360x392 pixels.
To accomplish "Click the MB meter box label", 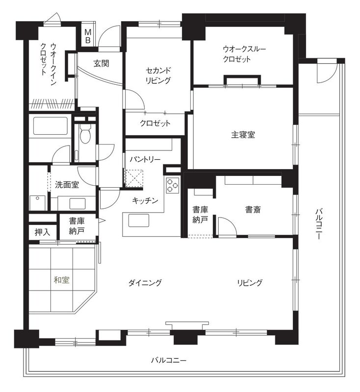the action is [88, 36].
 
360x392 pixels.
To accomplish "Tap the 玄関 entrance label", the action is [102, 64].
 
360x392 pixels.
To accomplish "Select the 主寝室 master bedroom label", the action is [243, 135].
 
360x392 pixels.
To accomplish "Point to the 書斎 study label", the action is [253, 210].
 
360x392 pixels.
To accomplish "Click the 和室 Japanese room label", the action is [61, 280].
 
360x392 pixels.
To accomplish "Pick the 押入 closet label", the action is [42, 232].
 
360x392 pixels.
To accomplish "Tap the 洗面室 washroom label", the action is [67, 185].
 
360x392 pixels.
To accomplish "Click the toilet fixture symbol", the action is [84, 134].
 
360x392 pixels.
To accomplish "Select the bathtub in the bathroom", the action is [51, 126].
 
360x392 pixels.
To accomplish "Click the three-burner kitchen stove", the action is [173, 185].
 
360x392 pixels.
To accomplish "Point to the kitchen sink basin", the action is [139, 220].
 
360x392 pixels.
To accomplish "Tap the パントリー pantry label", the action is [145, 159].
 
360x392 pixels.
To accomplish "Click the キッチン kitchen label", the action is [145, 200].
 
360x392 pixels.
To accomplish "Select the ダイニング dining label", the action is [145, 283].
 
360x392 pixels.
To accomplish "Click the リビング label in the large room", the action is [250, 283].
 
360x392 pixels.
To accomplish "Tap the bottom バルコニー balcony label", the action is [169, 360].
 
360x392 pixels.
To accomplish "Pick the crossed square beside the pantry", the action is [134, 178].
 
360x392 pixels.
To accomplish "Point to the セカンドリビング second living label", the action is [158, 75].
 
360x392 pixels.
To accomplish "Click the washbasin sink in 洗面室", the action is [77, 203].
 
